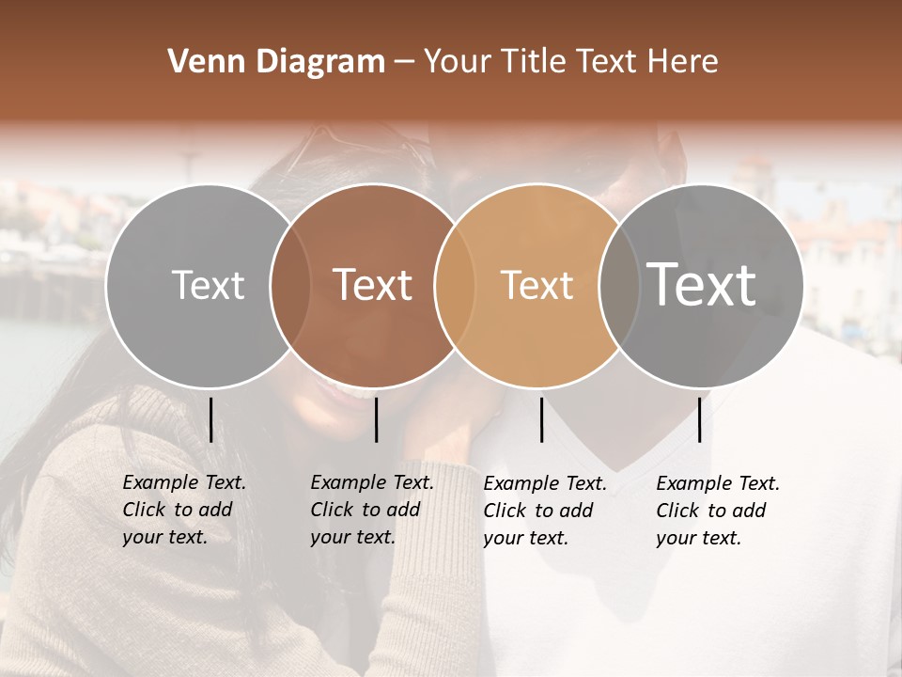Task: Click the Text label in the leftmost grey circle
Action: click(x=208, y=285)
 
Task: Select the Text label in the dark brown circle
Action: click(x=373, y=285)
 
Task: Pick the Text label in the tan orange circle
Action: click(x=537, y=285)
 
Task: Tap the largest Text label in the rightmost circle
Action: click(x=702, y=284)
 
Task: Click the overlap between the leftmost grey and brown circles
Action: click(x=290, y=285)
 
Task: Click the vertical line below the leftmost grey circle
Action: click(x=210, y=419)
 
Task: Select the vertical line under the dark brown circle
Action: click(x=376, y=419)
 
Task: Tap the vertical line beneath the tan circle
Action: click(x=541, y=419)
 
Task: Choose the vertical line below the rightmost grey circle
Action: click(x=700, y=419)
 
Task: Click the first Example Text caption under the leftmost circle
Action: click(x=183, y=510)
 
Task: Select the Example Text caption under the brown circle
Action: click(x=371, y=510)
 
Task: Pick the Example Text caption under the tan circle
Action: click(x=544, y=511)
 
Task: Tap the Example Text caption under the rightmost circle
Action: click(x=717, y=511)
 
